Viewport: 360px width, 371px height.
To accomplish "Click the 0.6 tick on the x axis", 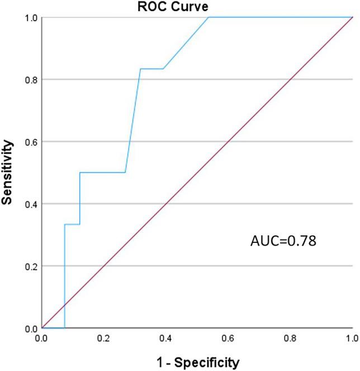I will (x=228, y=339).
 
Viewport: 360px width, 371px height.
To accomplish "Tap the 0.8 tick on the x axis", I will (x=290, y=339).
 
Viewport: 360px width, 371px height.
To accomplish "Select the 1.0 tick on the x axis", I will (x=352, y=339).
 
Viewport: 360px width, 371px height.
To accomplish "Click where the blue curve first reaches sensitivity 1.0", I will (x=209, y=17).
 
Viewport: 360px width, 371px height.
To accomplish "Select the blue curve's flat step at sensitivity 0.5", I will (x=102, y=172).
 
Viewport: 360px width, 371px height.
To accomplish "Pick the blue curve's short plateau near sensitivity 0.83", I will (x=151, y=69).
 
